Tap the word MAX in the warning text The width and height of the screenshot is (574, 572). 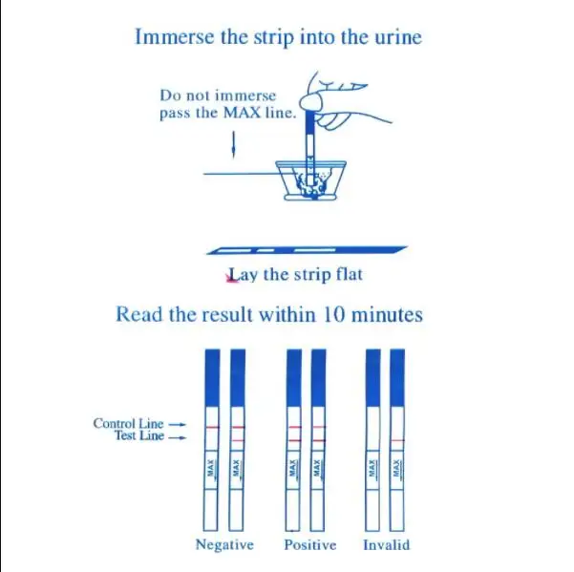242,114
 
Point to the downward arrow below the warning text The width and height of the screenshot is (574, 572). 233,146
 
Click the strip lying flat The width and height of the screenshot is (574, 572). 307,250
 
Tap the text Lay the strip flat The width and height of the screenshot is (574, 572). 294,275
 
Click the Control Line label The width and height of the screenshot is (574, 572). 128,423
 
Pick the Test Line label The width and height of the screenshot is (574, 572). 139,436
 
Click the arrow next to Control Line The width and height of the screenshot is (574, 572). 177,423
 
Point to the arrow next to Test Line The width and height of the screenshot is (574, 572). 177,436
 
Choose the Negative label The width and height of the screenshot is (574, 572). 224,545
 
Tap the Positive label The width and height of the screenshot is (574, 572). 310,545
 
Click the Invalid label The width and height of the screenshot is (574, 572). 387,545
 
